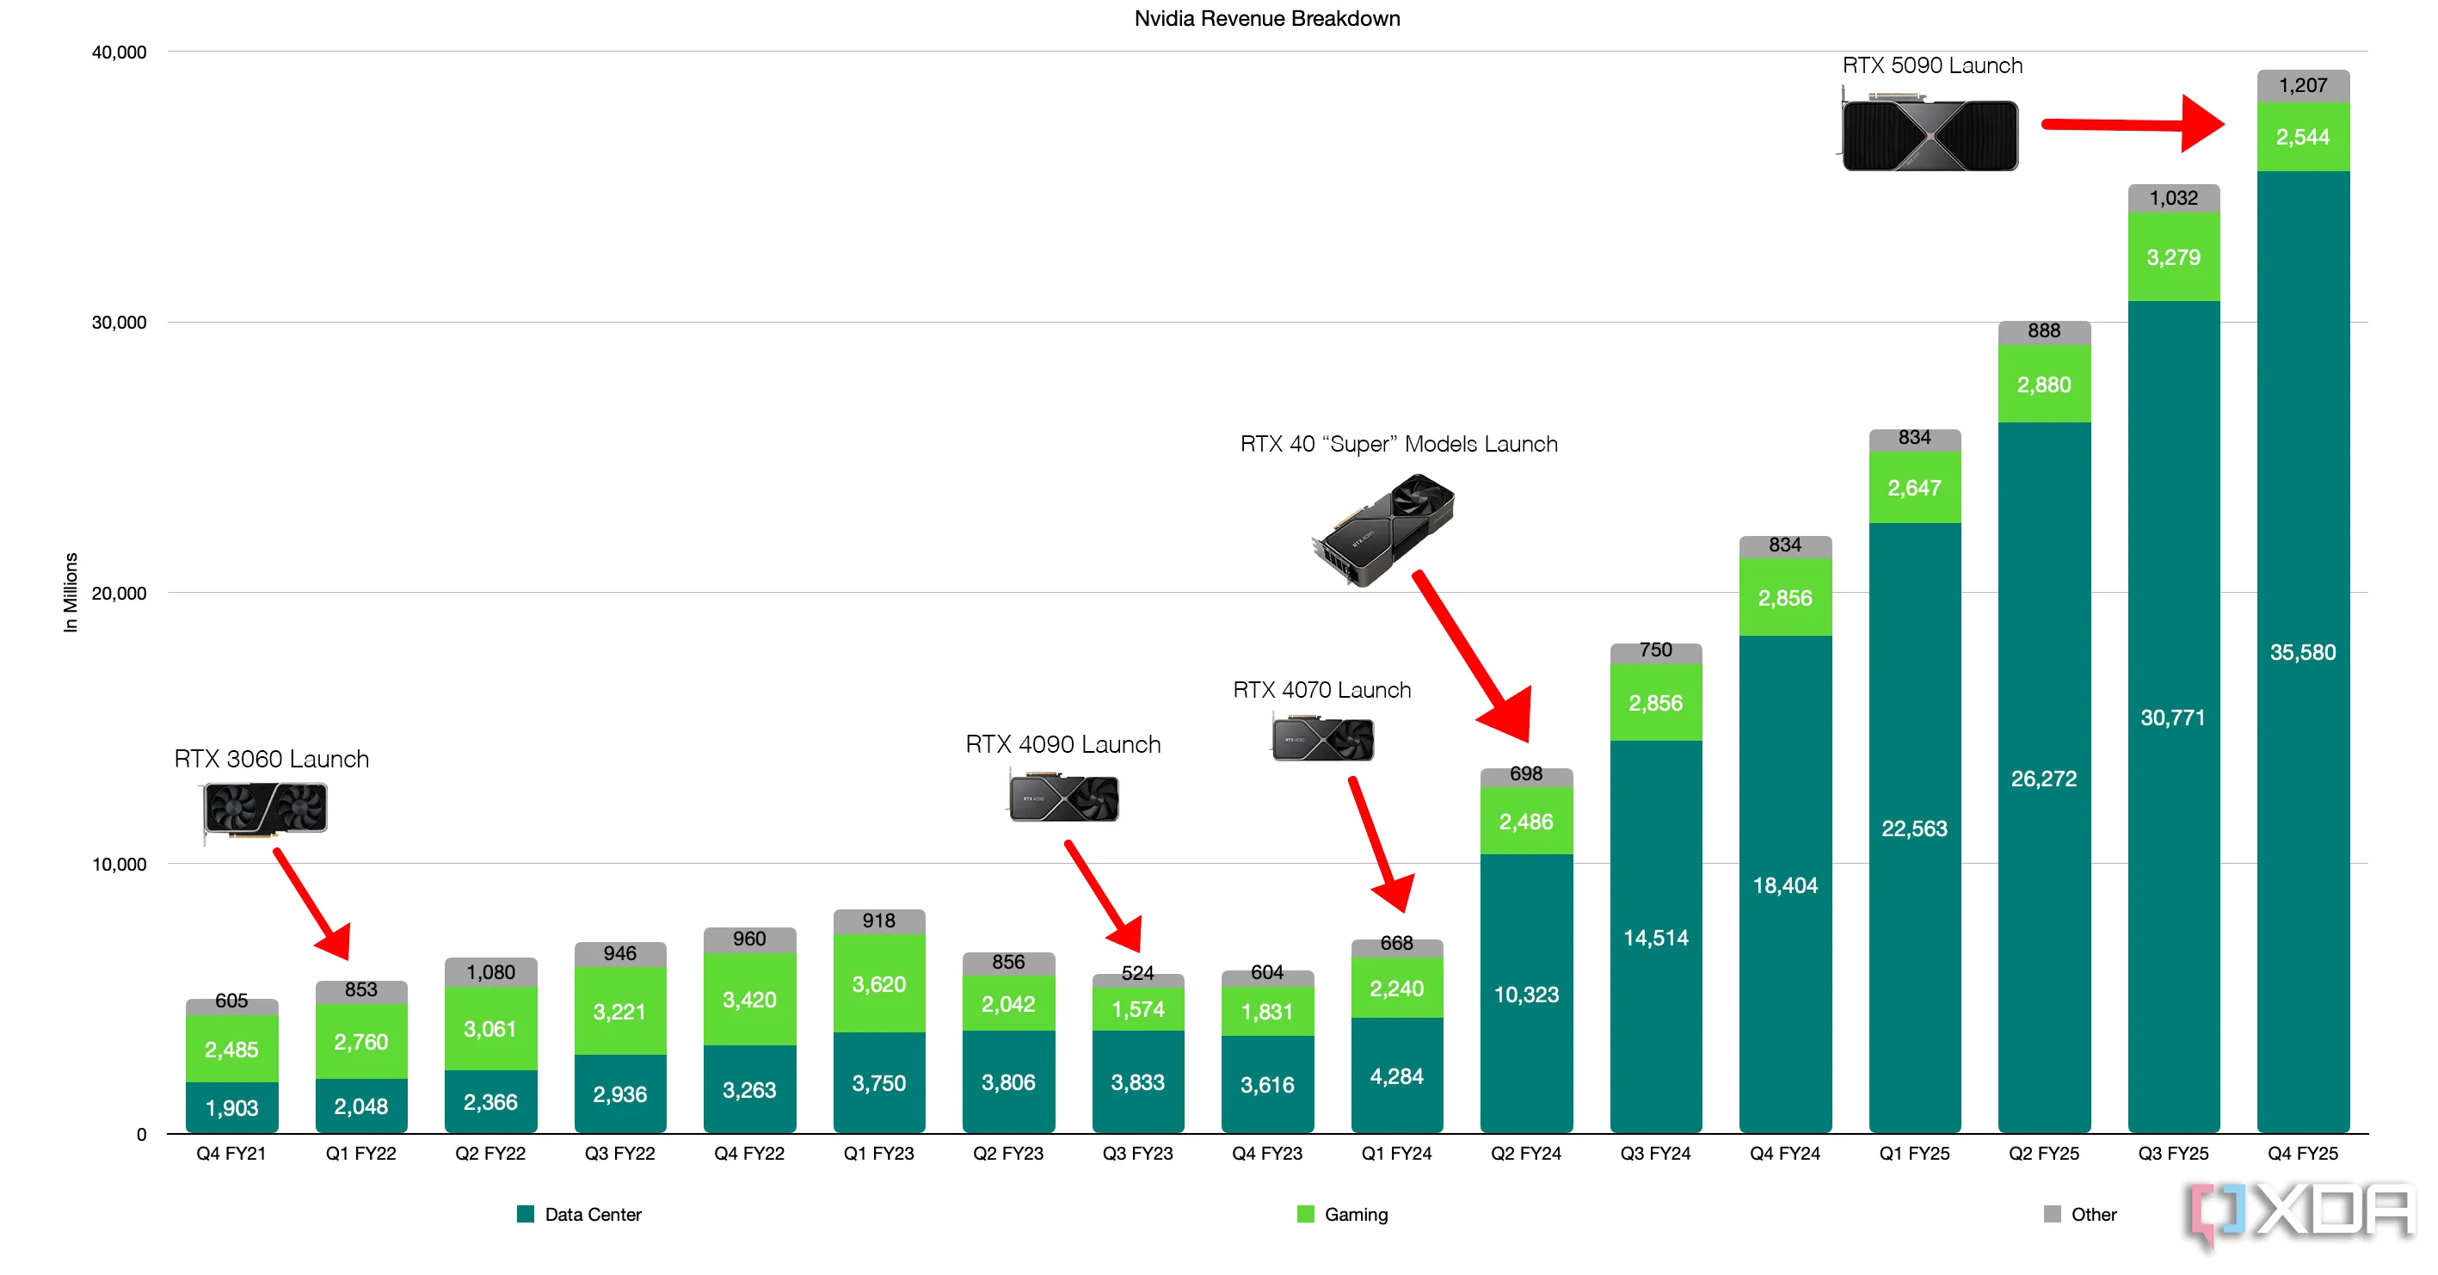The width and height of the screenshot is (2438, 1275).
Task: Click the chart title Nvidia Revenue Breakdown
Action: point(1266,19)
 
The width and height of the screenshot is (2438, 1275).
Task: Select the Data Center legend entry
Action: point(579,1215)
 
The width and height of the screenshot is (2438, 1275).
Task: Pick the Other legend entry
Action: point(2080,1215)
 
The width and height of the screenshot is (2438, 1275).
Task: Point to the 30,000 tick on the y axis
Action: point(120,323)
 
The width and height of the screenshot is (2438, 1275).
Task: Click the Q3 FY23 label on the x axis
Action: point(1137,1154)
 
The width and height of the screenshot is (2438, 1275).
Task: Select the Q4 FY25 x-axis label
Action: point(2303,1154)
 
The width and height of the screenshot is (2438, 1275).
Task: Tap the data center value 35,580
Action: point(2303,652)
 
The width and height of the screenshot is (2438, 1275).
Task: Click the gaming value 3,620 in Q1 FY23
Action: point(878,984)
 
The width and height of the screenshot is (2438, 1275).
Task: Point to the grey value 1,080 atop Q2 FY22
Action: point(490,972)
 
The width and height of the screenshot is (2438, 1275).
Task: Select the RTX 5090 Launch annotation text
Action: point(1931,65)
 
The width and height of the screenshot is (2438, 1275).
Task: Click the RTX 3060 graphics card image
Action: point(266,810)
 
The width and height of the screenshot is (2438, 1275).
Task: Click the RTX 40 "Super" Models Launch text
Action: point(1398,444)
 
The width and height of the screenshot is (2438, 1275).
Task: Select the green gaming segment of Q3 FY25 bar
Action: point(2173,257)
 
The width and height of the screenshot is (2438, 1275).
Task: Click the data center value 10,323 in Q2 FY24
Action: point(1525,995)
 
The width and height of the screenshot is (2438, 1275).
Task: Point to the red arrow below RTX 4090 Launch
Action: point(1104,896)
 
